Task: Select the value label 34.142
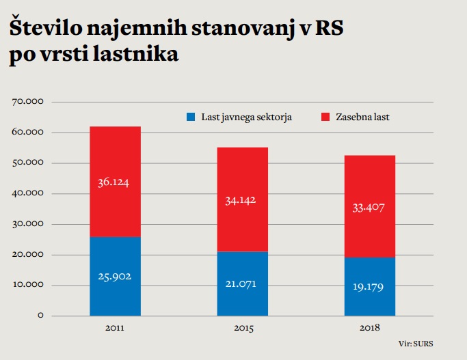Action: [x=242, y=200]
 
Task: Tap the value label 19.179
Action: [x=370, y=287]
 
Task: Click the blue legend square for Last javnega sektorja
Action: [x=191, y=117]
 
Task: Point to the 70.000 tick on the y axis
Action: [x=28, y=102]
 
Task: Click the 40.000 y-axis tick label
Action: [x=28, y=193]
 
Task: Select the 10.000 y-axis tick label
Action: [x=28, y=286]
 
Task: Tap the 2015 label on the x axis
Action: [x=242, y=329]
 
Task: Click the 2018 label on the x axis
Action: [x=370, y=329]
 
